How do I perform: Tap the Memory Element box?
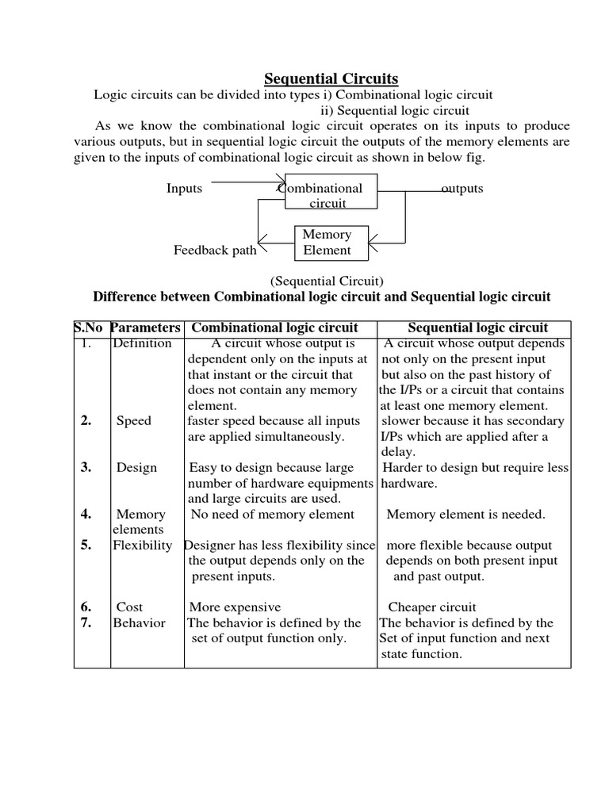[332, 243]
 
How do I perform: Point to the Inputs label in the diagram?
[184, 189]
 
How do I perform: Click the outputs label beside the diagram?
[462, 189]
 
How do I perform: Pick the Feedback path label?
[215, 251]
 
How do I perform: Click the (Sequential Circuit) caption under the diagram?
[327, 281]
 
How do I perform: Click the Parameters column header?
[146, 327]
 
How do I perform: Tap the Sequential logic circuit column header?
[477, 327]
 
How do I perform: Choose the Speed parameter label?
[134, 421]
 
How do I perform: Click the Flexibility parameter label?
[143, 546]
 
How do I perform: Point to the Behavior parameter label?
[140, 623]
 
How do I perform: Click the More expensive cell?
[235, 607]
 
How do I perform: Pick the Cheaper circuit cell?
[432, 607]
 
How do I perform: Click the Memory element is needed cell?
[465, 515]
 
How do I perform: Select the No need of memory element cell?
[273, 515]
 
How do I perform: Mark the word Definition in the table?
[142, 343]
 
